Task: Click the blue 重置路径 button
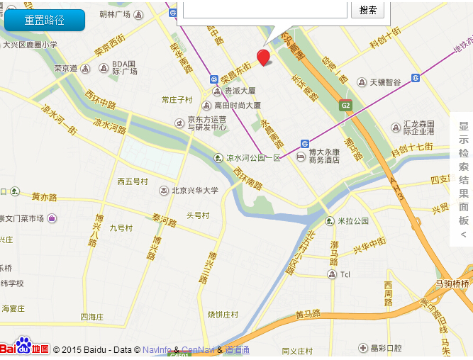click(45, 20)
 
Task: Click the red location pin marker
click(263, 57)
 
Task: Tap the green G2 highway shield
click(345, 106)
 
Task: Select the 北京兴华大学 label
click(194, 190)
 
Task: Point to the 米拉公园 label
click(352, 221)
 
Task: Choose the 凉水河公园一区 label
click(253, 157)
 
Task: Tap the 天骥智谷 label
click(385, 82)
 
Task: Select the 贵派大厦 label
click(240, 91)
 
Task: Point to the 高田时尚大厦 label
click(238, 105)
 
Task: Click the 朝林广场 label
click(114, 14)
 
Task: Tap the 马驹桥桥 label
click(452, 283)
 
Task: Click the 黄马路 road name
click(308, 314)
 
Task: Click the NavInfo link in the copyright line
click(156, 350)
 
